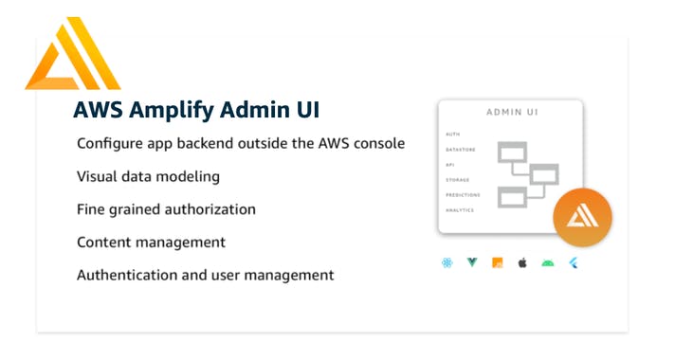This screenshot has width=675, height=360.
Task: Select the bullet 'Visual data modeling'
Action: coord(148,176)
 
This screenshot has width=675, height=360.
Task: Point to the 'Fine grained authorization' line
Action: coord(166,209)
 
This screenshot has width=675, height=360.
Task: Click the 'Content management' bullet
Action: coord(151,242)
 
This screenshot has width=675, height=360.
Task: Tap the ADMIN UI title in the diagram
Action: coord(512,112)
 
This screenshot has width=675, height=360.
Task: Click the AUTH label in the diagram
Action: coord(452,135)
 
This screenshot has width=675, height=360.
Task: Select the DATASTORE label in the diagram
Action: coord(459,149)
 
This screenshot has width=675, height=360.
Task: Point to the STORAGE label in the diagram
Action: coord(457,179)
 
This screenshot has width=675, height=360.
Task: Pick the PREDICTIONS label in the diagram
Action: coord(463,194)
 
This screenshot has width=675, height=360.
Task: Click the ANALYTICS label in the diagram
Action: coord(460,209)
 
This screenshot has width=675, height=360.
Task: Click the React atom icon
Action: coord(447,262)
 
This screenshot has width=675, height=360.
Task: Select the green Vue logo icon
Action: coord(472,262)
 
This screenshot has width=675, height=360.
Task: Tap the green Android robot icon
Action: coord(547,262)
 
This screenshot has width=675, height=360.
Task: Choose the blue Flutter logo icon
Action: coord(573,262)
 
